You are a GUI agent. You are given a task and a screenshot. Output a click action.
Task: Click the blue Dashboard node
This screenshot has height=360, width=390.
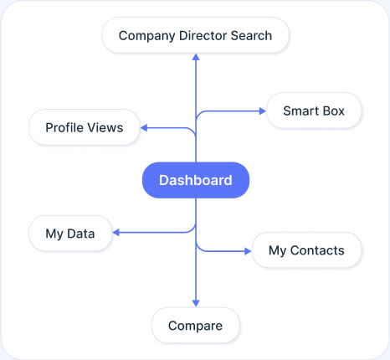point(196,180)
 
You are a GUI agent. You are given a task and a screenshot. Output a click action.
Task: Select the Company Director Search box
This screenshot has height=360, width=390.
point(196,35)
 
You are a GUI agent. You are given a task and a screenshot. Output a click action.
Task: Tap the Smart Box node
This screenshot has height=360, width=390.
point(314,111)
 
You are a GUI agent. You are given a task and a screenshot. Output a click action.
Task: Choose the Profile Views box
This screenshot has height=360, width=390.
point(85,127)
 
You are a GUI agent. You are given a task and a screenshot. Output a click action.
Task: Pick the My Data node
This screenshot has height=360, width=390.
point(70,234)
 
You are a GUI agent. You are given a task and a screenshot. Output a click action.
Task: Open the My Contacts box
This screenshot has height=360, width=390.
point(306,250)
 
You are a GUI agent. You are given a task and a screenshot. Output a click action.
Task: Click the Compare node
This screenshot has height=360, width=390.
point(196,326)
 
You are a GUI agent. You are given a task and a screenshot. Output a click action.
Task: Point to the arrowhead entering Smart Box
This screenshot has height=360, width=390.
point(263,111)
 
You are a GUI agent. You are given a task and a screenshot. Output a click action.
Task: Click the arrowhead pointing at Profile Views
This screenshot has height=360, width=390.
point(144,128)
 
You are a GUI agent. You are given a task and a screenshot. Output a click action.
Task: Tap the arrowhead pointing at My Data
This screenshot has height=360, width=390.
point(115,233)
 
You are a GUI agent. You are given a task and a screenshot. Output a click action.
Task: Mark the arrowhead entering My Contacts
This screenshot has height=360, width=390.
point(248,251)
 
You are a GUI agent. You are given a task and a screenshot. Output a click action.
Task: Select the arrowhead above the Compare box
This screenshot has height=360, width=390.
point(196,303)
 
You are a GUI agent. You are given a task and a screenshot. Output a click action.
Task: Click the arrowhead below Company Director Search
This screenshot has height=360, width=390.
point(196,57)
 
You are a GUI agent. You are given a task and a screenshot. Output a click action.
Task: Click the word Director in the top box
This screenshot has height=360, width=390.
point(203,36)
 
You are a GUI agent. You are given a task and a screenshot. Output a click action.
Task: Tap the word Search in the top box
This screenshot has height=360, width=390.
point(251,36)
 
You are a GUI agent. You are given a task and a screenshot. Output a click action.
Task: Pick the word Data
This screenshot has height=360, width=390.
point(81,234)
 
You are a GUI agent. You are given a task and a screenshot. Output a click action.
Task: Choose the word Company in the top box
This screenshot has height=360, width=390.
point(147,36)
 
